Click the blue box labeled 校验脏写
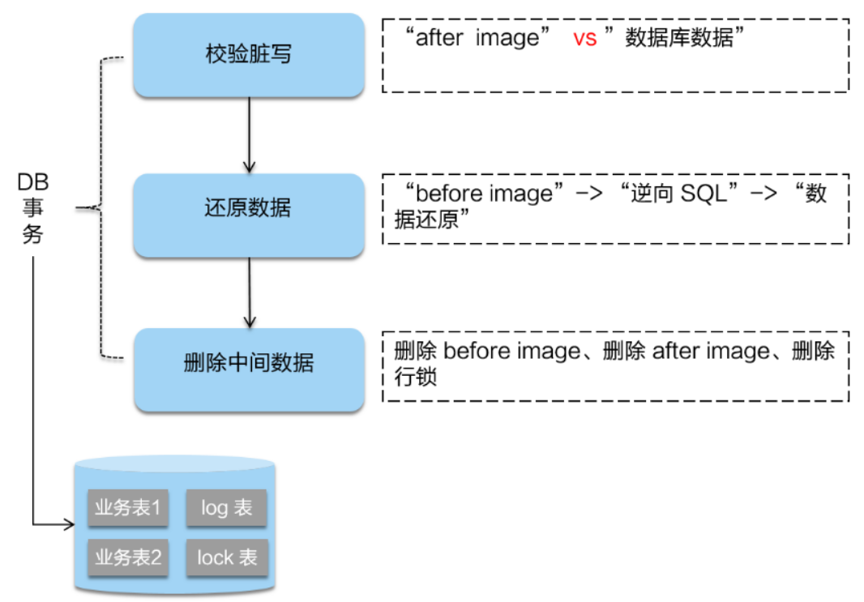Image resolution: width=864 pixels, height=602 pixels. [x=248, y=55]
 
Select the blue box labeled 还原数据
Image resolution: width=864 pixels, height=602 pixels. [x=248, y=209]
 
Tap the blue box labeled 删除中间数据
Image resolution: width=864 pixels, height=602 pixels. [x=248, y=364]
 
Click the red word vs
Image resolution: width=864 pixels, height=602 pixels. [x=584, y=38]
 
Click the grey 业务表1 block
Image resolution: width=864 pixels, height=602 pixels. [x=128, y=508]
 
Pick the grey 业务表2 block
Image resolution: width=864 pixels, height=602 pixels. [x=128, y=557]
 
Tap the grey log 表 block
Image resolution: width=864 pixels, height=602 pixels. [x=226, y=508]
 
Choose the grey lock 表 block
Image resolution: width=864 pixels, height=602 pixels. [x=226, y=557]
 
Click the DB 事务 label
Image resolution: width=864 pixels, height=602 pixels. [x=33, y=209]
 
